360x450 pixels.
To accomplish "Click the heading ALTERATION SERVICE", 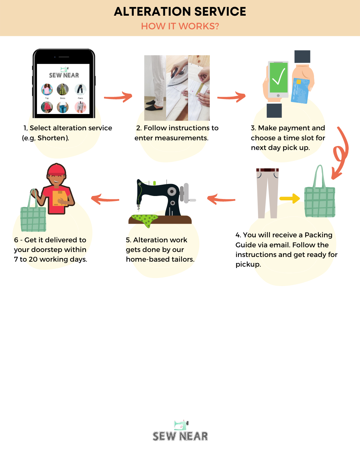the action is pyautogui.click(x=180, y=12).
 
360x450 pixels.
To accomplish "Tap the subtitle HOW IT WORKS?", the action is pyautogui.click(x=180, y=26).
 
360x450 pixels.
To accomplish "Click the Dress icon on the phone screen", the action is pyautogui.click(x=63, y=89).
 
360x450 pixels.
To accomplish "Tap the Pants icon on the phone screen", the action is pyautogui.click(x=80, y=89).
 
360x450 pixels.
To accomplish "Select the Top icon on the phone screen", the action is pyautogui.click(x=47, y=89).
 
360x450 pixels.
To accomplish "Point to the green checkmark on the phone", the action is pyautogui.click(x=278, y=77).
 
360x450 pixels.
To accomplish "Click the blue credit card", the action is pyautogui.click(x=300, y=91).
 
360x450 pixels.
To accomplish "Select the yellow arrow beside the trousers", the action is pyautogui.click(x=290, y=198).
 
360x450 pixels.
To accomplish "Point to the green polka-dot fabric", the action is pyautogui.click(x=145, y=220).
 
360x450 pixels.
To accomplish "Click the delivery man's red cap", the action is pyautogui.click(x=56, y=170).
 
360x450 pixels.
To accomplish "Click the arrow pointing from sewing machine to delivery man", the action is pyautogui.click(x=105, y=199).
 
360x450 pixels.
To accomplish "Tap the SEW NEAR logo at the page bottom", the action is pyautogui.click(x=180, y=431).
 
